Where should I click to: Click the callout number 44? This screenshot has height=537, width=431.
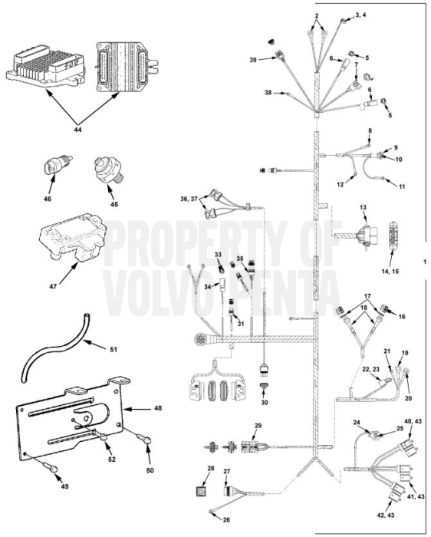coord(78,130)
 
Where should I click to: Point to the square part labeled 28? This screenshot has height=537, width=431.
coord(211,489)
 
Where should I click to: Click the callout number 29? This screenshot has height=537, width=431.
coord(258,426)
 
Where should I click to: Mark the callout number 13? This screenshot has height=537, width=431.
coord(363,208)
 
